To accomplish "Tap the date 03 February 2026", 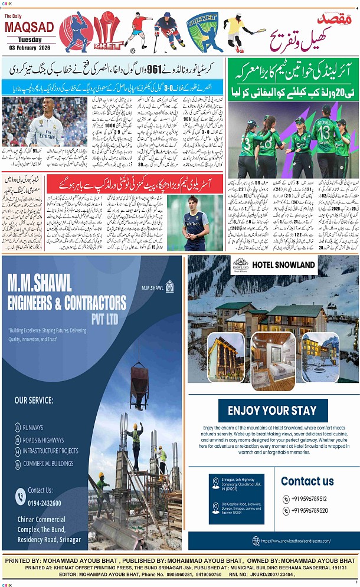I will pos(30,47).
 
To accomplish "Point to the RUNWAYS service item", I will pos(33,427).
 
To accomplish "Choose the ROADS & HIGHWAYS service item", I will pos(43,440).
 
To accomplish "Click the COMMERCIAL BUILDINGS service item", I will pos(49,463).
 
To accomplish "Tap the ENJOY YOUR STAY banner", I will pos(273,411).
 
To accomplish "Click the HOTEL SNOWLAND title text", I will pos(283,265).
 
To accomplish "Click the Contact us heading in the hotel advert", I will pos(307,481).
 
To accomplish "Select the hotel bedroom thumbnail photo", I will pos(273,360).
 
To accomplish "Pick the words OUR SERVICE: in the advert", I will pos(34,401).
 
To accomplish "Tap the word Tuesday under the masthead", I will pos(29,40).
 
